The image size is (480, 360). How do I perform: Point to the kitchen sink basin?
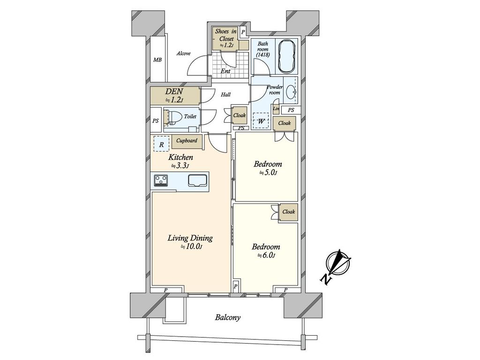coord(198,180)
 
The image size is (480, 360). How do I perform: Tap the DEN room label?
coord(174,91)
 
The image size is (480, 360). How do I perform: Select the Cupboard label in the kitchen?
coord(187,141)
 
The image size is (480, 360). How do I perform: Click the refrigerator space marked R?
coord(161,144)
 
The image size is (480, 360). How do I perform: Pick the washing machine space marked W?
coord(261,121)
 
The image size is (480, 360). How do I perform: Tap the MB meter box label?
coord(157,60)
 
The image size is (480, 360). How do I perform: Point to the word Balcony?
coord(227,317)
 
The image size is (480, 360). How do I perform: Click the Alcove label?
coord(183,53)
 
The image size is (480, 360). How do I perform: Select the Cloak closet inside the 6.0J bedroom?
coord(288,212)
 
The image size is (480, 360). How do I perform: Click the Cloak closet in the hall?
coord(239,115)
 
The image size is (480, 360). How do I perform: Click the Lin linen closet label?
coord(276,109)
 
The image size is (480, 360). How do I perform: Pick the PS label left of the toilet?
coord(156,120)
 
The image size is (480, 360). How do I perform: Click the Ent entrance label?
coord(225,71)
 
